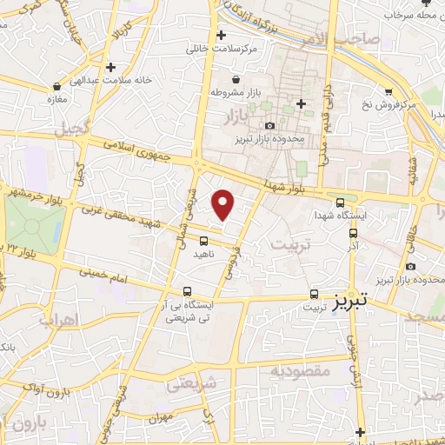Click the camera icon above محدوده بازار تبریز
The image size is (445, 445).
270,127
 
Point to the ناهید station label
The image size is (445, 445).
204,256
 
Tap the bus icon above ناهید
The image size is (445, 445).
204,242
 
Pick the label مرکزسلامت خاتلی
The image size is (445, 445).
223,50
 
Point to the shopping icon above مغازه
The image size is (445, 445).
57,86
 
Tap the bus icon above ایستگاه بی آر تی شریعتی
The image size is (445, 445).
188,292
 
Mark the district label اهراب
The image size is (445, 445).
59,321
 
